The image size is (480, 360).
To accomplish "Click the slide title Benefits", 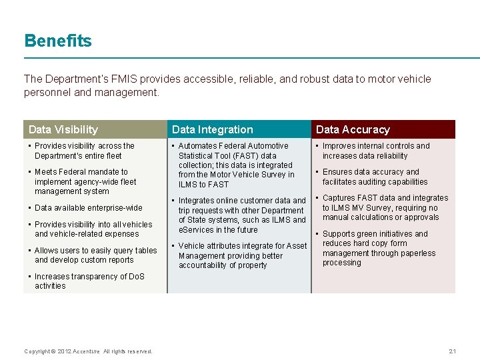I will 58,41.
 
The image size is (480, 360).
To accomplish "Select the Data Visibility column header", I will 63,129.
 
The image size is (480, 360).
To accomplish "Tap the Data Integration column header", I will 213,129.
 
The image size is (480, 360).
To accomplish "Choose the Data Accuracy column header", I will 353,129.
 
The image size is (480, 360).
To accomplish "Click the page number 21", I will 453,351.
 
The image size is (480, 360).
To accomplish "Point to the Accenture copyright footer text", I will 88,351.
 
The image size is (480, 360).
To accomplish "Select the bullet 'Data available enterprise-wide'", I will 88,208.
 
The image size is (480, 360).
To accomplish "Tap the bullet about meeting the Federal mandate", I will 85,181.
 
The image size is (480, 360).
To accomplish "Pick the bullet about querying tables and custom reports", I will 95,255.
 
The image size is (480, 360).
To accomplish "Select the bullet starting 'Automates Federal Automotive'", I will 235,165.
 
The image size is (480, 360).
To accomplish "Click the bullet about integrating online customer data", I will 241,215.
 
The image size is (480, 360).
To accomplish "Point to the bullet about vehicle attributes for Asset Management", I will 242,255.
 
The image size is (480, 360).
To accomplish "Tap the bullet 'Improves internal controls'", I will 375,151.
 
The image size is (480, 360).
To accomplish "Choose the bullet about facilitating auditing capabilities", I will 375,177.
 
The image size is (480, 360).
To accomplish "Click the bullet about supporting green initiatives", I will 378,248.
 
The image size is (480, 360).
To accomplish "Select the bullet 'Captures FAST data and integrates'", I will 385,207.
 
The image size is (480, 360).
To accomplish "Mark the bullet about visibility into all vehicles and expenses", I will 93,229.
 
